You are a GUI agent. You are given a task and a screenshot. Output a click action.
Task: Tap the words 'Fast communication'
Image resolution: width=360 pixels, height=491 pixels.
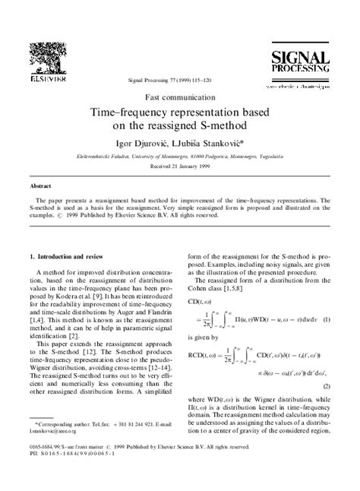pyautogui.click(x=179, y=98)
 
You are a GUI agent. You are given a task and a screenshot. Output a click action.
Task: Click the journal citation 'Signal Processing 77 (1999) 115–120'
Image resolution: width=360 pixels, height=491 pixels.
pyautogui.click(x=178, y=79)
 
